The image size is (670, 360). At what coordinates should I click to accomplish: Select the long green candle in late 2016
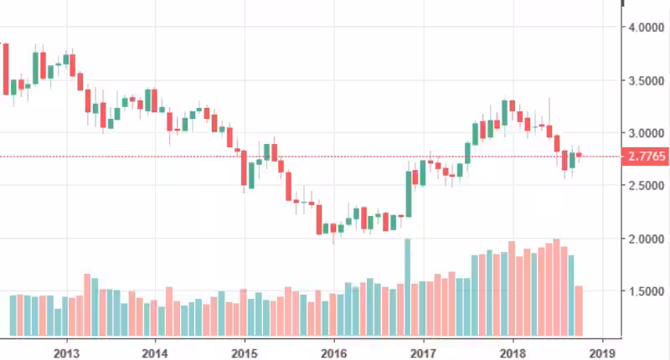coord(409,193)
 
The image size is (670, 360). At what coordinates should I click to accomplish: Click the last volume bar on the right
coord(579,311)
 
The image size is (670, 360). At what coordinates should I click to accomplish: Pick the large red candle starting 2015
coord(244,167)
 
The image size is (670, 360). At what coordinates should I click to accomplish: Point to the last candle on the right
coord(579,155)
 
